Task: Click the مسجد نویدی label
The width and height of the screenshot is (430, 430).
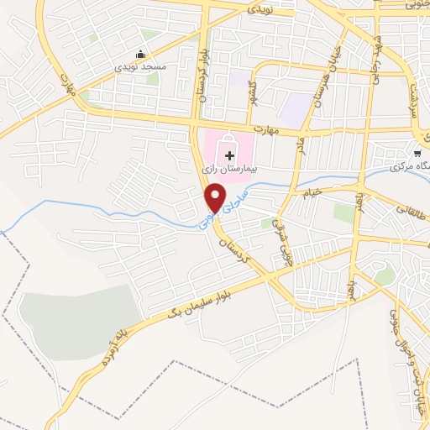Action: coord(144,65)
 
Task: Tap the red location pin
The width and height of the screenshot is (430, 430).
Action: coord(215,199)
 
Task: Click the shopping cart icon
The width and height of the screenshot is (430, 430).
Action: coord(417,153)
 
